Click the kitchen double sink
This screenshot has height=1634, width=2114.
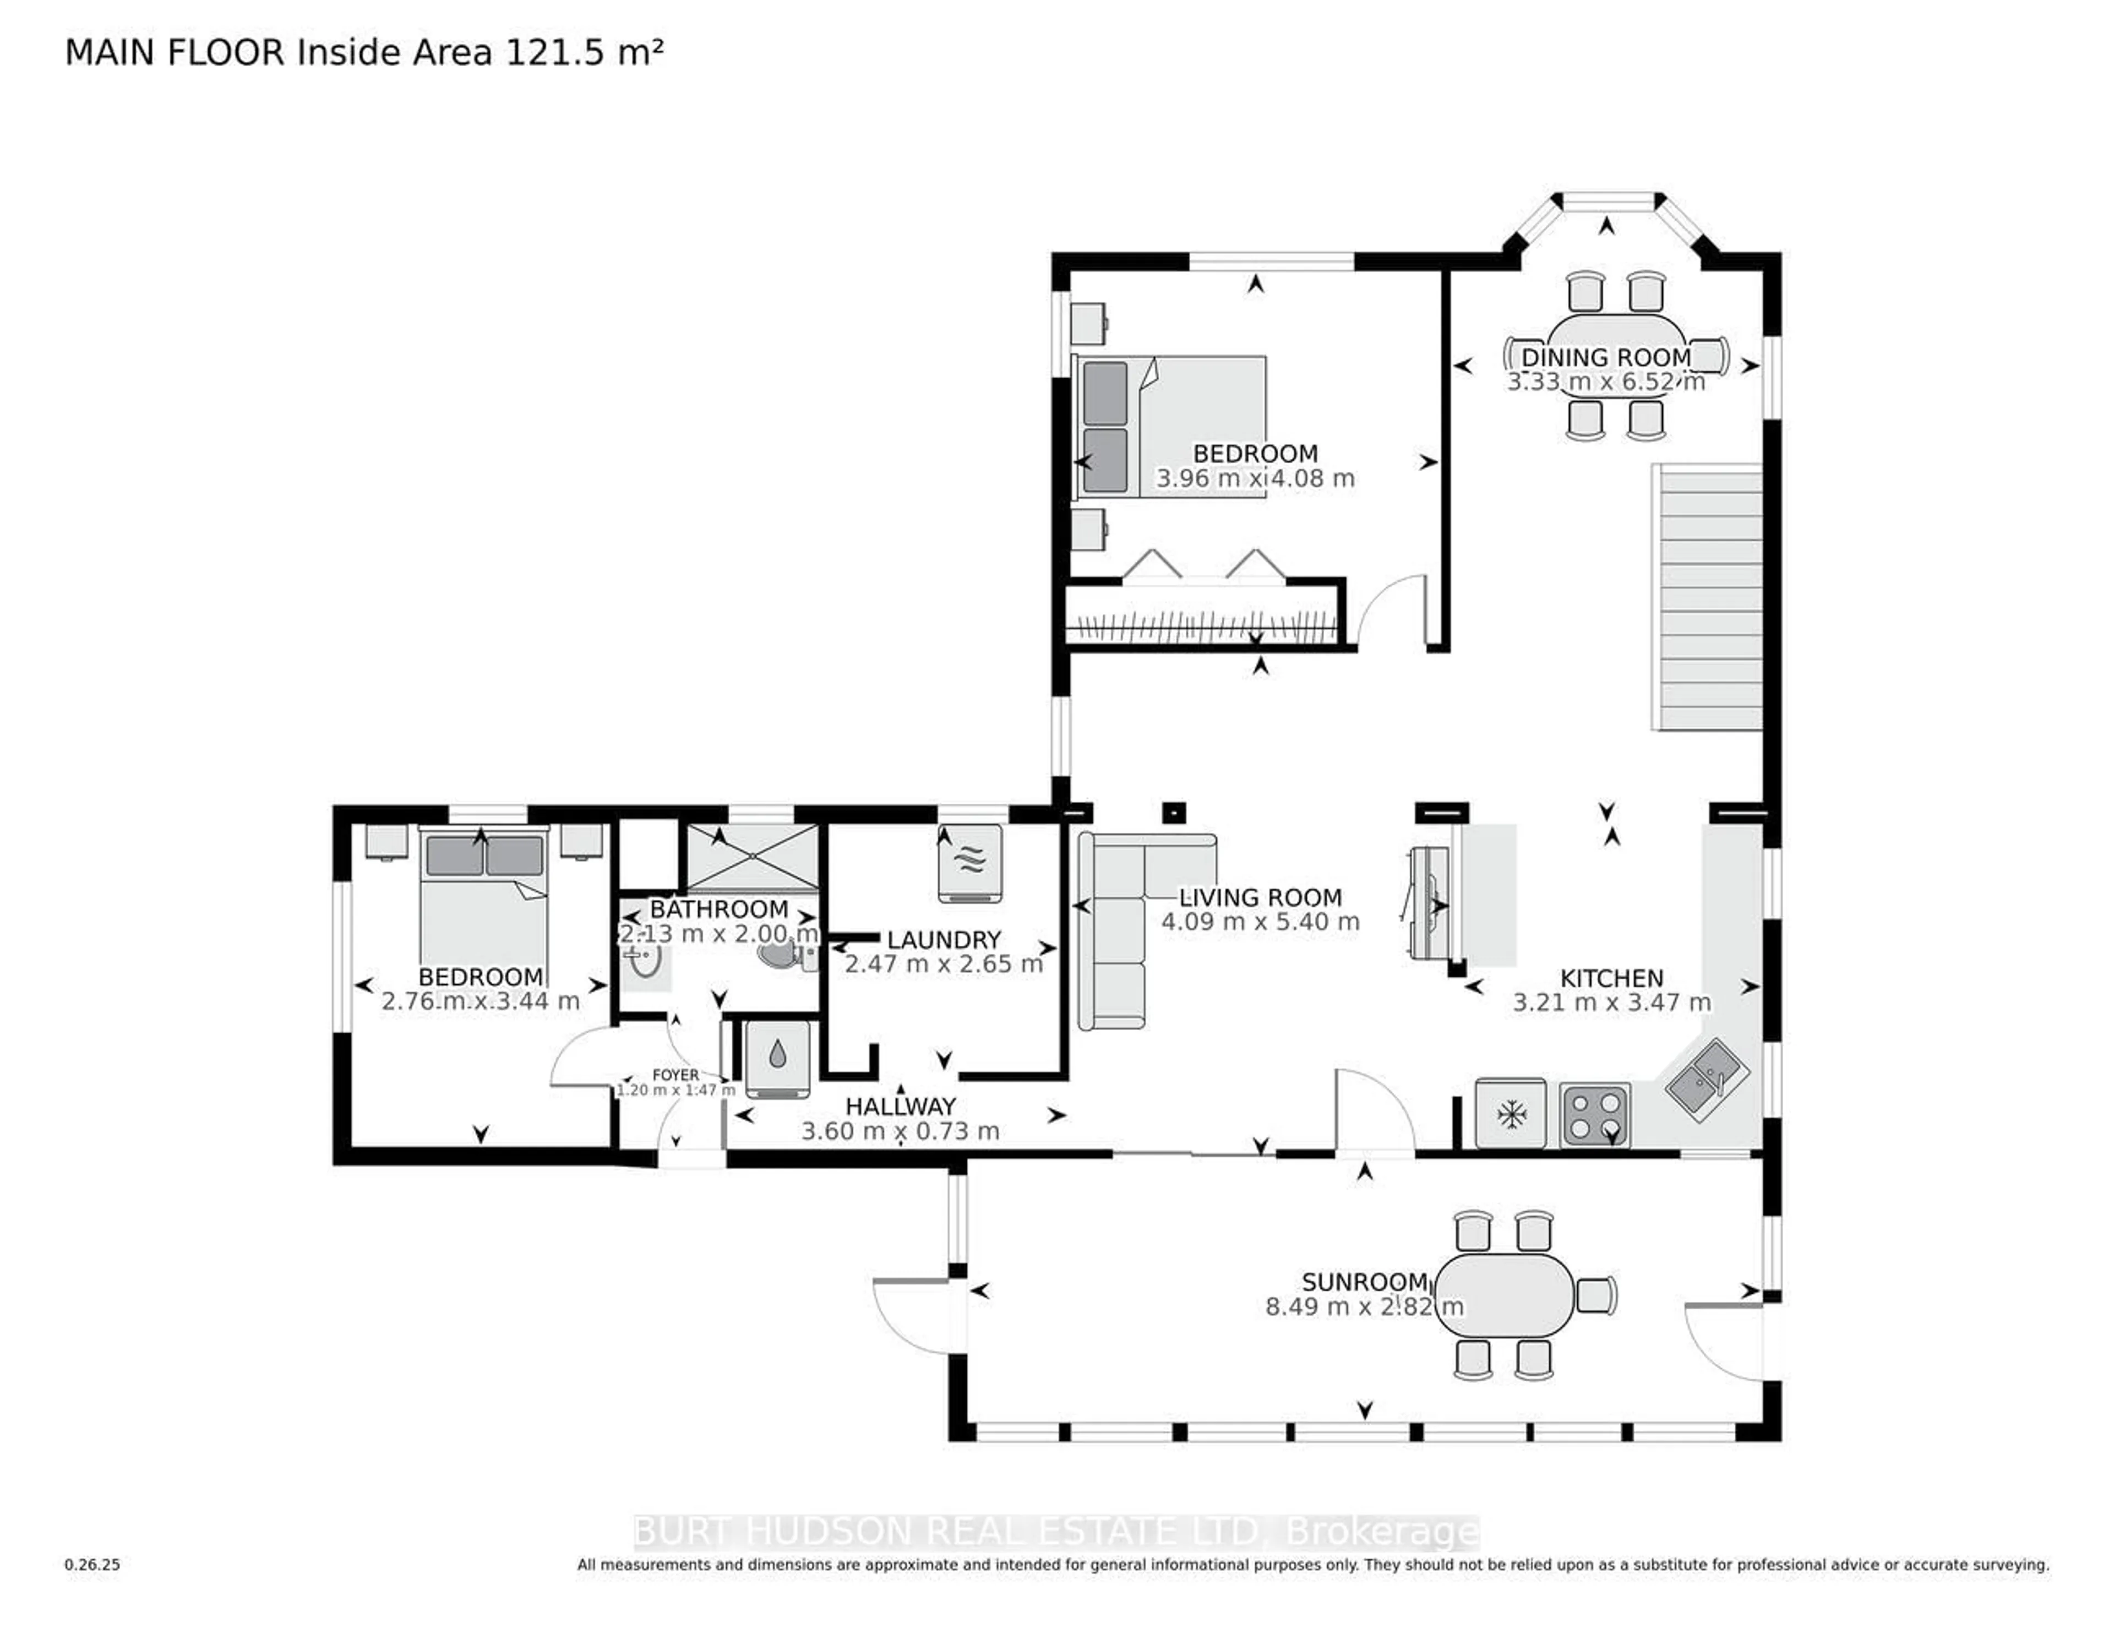1707,1079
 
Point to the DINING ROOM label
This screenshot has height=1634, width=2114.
1606,357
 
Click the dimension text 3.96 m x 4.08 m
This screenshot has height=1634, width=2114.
1255,478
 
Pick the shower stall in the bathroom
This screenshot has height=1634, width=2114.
752,857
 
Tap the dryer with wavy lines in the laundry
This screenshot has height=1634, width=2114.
970,862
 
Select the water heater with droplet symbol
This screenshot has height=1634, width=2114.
778,1058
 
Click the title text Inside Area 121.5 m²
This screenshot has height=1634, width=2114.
479,52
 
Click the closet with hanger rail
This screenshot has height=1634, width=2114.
1203,615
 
